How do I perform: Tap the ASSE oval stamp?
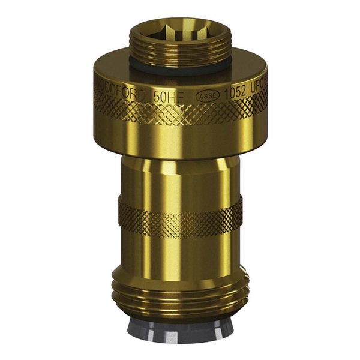(206, 95)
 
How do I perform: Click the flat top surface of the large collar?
(114, 69)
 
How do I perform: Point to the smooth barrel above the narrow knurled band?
(180, 177)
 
